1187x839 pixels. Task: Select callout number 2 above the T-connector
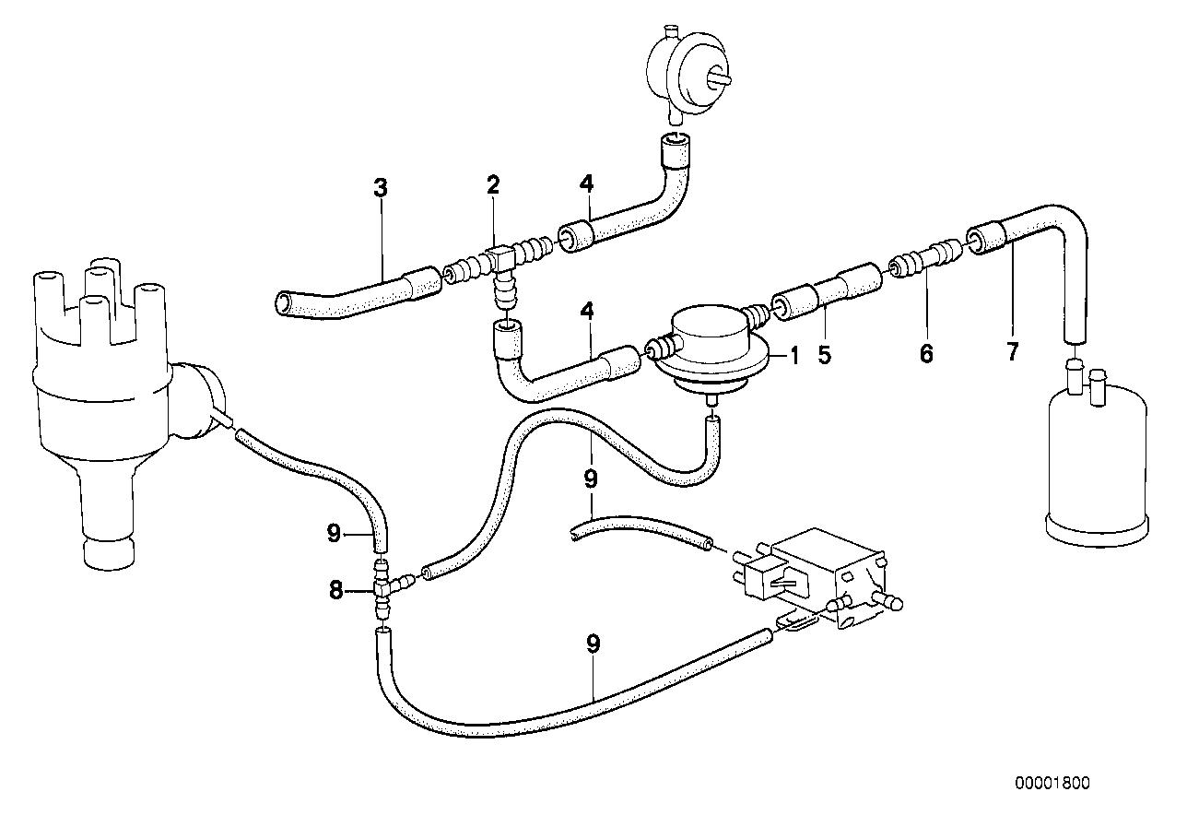494,184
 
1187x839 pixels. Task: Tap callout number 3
381,188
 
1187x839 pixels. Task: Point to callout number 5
823,353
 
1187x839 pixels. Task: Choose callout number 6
926,353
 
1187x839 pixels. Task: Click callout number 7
1013,351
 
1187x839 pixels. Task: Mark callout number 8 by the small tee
335,589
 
